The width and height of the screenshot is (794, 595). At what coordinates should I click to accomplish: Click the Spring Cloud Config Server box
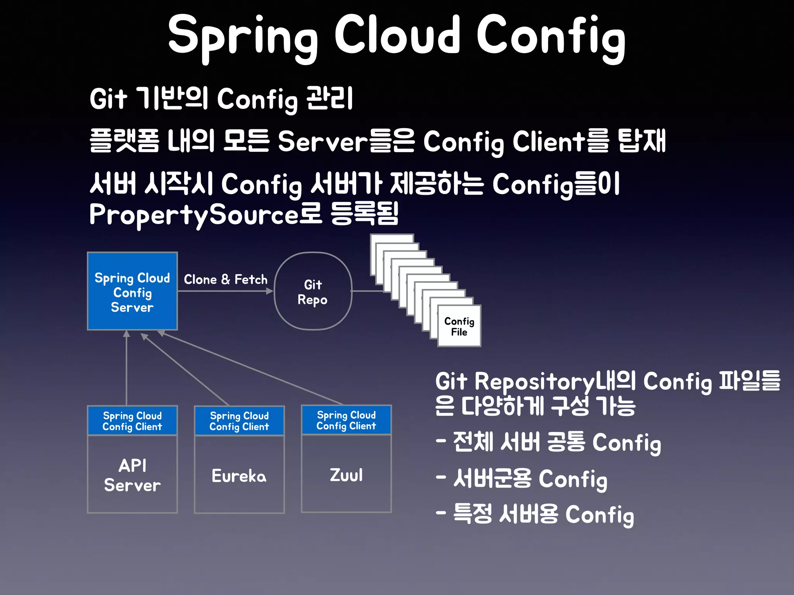tap(132, 291)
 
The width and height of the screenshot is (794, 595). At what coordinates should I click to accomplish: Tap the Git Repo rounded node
tap(313, 291)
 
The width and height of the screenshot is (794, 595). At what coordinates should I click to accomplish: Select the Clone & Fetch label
tap(225, 279)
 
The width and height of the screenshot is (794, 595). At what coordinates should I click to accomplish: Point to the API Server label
tap(132, 475)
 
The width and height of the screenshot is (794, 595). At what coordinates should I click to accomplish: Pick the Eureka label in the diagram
tap(239, 476)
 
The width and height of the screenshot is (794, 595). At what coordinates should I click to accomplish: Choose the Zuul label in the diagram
tap(346, 475)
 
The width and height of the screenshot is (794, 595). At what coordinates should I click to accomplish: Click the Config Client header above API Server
tap(132, 421)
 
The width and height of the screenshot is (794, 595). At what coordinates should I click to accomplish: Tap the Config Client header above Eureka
tap(239, 421)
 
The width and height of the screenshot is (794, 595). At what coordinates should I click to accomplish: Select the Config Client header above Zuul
tap(346, 420)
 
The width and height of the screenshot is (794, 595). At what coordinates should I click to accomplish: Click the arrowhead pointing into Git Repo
tap(270, 291)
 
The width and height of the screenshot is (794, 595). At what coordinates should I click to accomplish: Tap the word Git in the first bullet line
tap(108, 99)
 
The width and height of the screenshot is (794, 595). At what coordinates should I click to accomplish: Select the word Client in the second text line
tap(548, 141)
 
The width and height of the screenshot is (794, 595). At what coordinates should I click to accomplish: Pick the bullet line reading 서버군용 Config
tap(521, 479)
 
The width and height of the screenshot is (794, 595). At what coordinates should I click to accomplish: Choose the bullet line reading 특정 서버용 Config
tap(535, 514)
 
